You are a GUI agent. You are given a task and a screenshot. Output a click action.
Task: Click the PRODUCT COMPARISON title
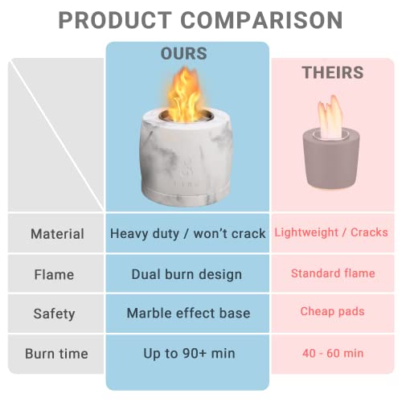coord(200,19)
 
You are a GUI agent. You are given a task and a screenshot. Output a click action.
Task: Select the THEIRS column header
coord(332,72)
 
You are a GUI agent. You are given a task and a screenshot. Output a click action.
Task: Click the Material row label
coord(57,234)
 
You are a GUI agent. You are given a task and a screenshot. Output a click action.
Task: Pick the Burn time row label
coord(57,353)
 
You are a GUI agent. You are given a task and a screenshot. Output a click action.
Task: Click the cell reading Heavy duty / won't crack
coord(187,234)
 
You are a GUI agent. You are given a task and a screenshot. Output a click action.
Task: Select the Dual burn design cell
coord(187,274)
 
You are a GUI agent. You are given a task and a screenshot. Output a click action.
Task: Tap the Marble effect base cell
coord(187,314)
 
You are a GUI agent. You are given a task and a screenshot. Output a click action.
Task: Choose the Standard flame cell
coord(332,273)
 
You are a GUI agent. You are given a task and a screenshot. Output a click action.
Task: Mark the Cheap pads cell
coord(332,312)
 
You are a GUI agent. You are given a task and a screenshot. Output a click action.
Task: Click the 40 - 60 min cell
coord(332,352)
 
